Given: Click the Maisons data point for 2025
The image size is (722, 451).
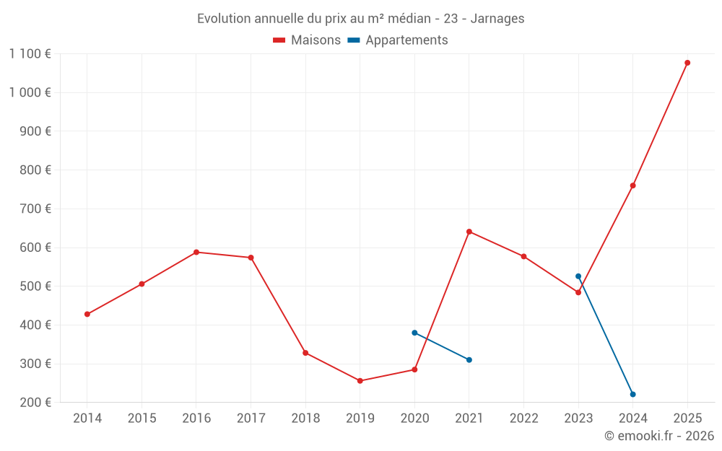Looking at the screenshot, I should pyautogui.click(x=687, y=63).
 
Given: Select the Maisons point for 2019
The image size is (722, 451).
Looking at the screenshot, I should pyautogui.click(x=360, y=381).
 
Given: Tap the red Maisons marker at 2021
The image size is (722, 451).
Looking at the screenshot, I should pyautogui.click(x=469, y=232).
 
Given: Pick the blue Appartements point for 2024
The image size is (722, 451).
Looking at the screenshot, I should pyautogui.click(x=633, y=394).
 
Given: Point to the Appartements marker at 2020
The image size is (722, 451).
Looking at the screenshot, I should pyautogui.click(x=414, y=333).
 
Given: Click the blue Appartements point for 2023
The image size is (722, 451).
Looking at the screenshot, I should pyautogui.click(x=578, y=276).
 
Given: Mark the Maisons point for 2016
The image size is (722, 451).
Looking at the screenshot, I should pyautogui.click(x=196, y=252).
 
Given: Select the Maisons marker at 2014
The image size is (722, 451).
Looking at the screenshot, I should pyautogui.click(x=87, y=314).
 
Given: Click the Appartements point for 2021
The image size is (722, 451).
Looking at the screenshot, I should pyautogui.click(x=469, y=359).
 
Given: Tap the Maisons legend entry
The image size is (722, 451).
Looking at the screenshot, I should pyautogui.click(x=307, y=40).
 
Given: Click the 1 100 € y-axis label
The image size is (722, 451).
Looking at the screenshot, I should pyautogui.click(x=30, y=53).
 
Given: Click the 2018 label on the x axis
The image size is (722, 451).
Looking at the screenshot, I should pyautogui.click(x=305, y=418).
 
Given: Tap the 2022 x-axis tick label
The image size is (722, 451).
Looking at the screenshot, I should pyautogui.click(x=523, y=418).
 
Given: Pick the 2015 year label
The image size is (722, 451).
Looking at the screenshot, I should pyautogui.click(x=142, y=418).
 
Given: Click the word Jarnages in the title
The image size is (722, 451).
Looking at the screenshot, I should pyautogui.click(x=497, y=18).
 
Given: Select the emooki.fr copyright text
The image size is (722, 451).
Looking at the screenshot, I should pyautogui.click(x=658, y=436).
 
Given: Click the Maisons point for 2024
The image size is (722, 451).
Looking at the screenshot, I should pyautogui.click(x=633, y=185).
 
